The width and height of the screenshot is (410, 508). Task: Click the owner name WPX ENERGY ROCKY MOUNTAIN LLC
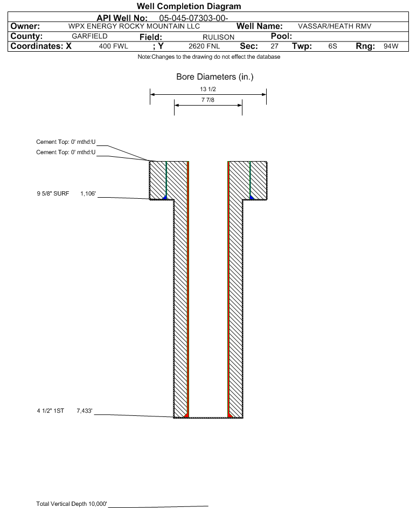[135, 26]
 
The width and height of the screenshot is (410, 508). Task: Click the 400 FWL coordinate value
[113, 46]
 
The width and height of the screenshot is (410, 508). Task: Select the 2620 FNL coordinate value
[202, 46]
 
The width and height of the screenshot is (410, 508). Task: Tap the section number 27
[274, 46]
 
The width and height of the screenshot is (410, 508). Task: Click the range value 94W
[391, 46]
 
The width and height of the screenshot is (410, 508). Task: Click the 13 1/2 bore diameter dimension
[208, 89]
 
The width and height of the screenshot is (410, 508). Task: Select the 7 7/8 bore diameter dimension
[208, 101]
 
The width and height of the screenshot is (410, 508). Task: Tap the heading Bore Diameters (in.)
[214, 77]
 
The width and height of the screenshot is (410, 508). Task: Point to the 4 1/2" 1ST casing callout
[50, 411]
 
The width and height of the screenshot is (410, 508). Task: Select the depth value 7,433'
[86, 411]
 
